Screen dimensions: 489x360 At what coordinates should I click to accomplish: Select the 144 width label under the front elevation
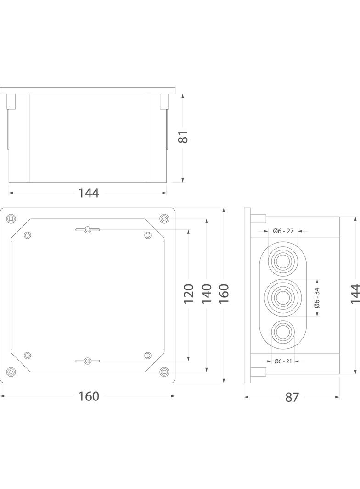pos(89,193)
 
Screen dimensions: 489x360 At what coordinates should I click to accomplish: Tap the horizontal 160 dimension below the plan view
pos(89,396)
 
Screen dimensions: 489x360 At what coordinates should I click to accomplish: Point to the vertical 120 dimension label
pos(189,294)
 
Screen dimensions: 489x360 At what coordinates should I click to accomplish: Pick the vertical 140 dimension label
pos(207,294)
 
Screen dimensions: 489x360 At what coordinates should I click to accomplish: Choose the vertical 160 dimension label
pos(224,294)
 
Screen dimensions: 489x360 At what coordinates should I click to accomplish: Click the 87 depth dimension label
pos(292,397)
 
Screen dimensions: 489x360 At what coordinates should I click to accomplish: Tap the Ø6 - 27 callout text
pos(283,231)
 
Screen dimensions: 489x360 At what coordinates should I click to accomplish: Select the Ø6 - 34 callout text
pos(317,297)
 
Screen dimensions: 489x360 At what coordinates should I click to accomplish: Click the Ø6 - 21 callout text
pos(283,361)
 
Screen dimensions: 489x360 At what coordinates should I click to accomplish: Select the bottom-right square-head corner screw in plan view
pos(164,372)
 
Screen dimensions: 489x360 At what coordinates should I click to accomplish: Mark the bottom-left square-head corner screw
pos(11,372)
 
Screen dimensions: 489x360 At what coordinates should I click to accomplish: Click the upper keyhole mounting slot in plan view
pos(87,229)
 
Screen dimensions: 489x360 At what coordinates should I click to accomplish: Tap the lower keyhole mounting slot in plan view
pos(87,361)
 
